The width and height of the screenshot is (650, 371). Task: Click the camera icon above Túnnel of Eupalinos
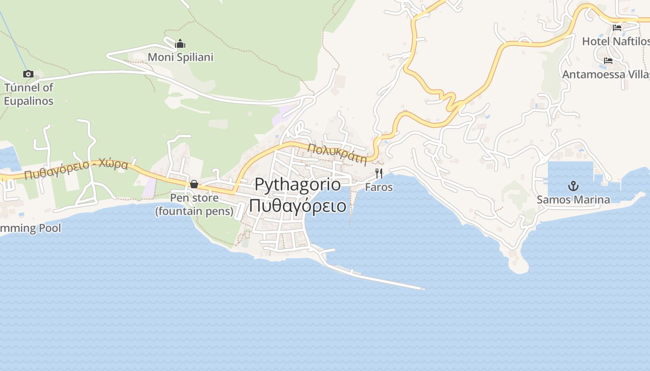click(28, 74)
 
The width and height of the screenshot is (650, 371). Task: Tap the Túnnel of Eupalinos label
click(29, 94)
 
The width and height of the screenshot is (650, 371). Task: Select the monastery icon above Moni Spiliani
click(180, 44)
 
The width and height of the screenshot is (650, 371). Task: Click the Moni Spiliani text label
click(181, 57)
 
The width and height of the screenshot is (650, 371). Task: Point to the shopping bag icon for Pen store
click(194, 185)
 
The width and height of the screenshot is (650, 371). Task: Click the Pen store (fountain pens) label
click(194, 205)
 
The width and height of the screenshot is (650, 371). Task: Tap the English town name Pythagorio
click(298, 184)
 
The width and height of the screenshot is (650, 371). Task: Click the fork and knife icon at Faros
click(379, 173)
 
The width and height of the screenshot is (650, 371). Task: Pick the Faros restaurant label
click(379, 187)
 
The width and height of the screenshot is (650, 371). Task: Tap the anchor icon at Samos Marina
click(573, 186)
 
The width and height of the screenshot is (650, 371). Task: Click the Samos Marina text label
click(573, 200)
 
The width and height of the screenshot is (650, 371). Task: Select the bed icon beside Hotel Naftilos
click(617, 28)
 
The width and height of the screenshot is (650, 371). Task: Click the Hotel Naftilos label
click(616, 41)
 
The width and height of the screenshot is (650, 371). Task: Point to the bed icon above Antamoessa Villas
click(608, 61)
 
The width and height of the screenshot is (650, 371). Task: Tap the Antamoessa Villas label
click(606, 75)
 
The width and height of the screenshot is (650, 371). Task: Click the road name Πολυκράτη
click(338, 154)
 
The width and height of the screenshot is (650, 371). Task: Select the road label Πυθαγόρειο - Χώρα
click(76, 169)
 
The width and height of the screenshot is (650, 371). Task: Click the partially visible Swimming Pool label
click(31, 228)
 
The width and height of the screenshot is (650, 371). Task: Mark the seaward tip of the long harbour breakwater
click(422, 288)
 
